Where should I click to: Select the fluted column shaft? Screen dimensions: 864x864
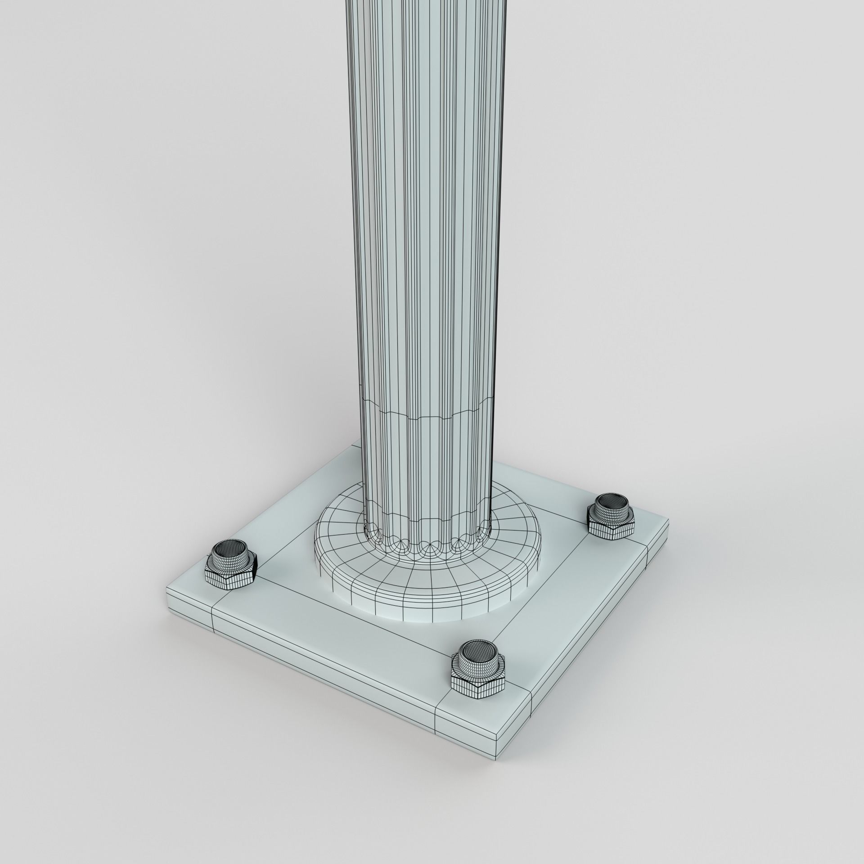pos(427,225)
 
